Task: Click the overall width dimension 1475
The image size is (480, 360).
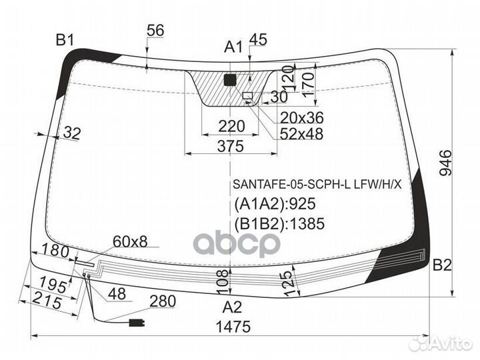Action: click(233, 327)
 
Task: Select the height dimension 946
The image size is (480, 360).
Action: click(445, 163)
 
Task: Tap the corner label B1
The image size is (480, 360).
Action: click(65, 40)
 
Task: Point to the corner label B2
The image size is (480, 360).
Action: click(442, 265)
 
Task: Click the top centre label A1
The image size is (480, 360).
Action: click(233, 47)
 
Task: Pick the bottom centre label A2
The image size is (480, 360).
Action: click(233, 307)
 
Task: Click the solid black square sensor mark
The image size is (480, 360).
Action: click(230, 80)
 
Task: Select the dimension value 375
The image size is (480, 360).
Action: click(231, 146)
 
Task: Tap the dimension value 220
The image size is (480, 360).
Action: click(231, 126)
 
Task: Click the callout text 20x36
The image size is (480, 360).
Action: click(301, 117)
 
